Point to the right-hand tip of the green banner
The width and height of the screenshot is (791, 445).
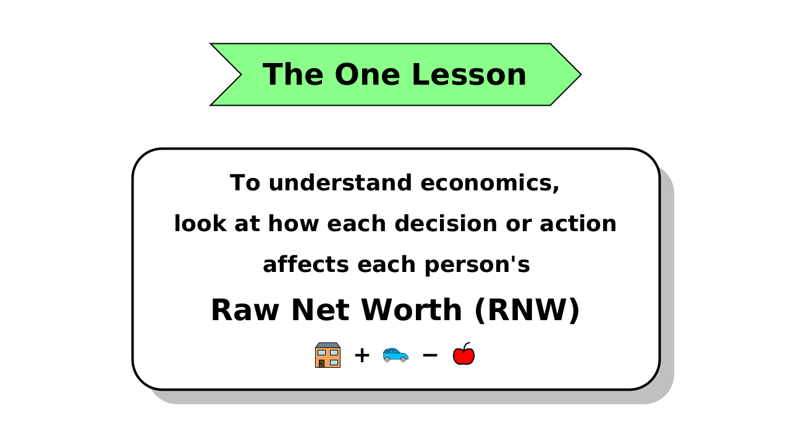pyautogui.click(x=580, y=74)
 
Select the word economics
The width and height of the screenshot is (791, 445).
pyautogui.click(x=490, y=183)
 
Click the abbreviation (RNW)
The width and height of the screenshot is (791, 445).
pyautogui.click(x=527, y=310)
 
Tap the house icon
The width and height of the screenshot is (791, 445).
pyautogui.click(x=328, y=355)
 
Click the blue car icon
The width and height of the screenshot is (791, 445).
pyautogui.click(x=395, y=355)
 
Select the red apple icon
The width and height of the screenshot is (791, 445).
pyautogui.click(x=463, y=355)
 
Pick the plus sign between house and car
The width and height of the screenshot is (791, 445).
pyautogui.click(x=362, y=355)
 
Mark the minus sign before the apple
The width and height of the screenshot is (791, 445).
pyautogui.click(x=429, y=355)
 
